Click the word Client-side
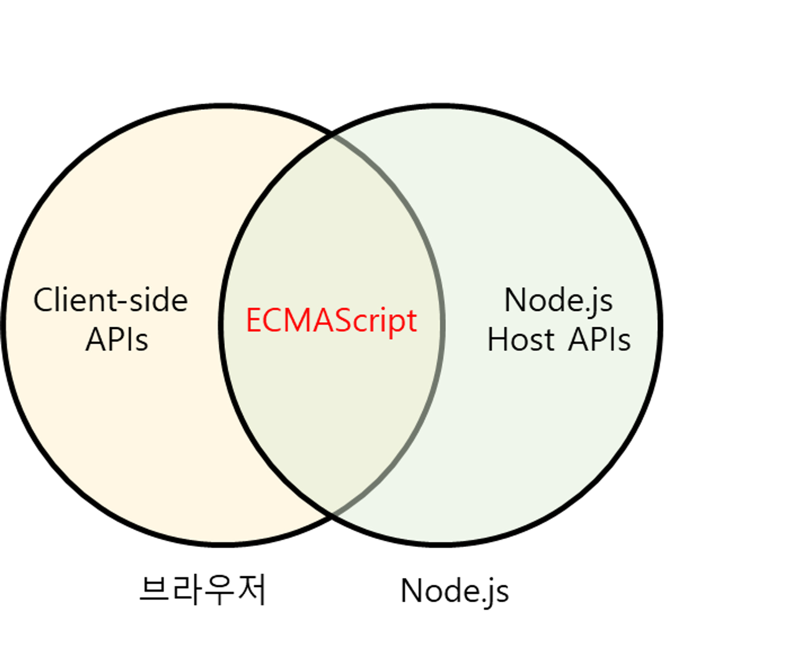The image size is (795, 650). point(111,300)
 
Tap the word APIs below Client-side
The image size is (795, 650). point(117,340)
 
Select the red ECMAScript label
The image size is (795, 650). point(331,321)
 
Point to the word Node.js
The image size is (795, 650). point(558,300)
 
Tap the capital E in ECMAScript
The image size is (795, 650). point(253,321)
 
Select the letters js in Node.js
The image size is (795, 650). point(601,302)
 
